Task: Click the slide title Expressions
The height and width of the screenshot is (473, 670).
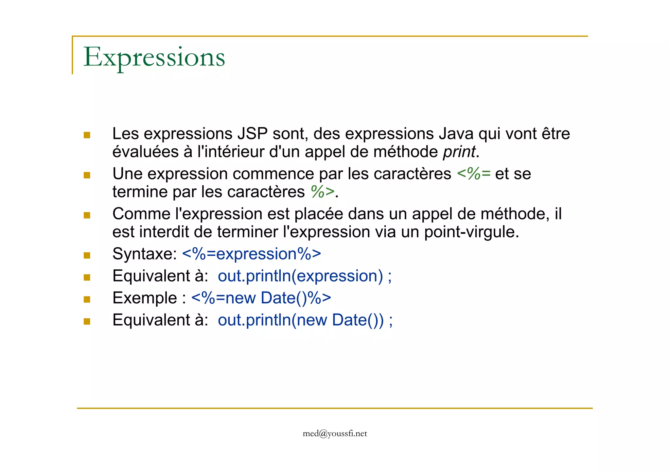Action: pyautogui.click(x=154, y=58)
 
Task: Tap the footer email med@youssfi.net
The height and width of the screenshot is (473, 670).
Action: pyautogui.click(x=335, y=433)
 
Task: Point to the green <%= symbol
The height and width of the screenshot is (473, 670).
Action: pyautogui.click(x=473, y=174)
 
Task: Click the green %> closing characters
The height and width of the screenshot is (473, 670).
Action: pyautogui.click(x=323, y=192)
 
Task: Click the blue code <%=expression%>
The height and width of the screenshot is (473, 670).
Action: pyautogui.click(x=252, y=254)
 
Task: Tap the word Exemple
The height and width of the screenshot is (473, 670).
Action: pyautogui.click(x=145, y=298)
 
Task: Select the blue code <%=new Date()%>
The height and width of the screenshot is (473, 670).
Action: pyautogui.click(x=261, y=298)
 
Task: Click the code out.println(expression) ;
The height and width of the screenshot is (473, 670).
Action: pyautogui.click(x=305, y=276)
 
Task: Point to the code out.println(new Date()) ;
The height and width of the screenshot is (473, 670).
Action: pyautogui.click(x=305, y=320)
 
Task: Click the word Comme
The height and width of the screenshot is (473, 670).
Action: pyautogui.click(x=141, y=214)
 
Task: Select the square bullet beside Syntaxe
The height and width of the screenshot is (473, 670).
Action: pyautogui.click(x=87, y=255)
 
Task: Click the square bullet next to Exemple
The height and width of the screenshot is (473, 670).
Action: pyautogui.click(x=87, y=299)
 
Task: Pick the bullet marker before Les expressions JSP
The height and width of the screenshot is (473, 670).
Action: pyautogui.click(x=87, y=135)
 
